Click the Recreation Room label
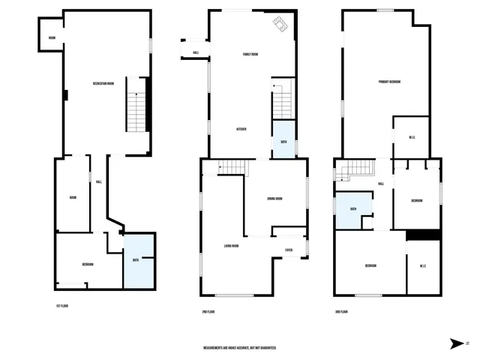click(x=103, y=82)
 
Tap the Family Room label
click(x=250, y=54)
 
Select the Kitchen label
click(x=241, y=130)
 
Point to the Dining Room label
click(x=274, y=199)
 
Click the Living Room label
click(x=231, y=246)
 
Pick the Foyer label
click(x=288, y=250)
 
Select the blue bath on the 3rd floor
click(x=352, y=209)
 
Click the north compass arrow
click(x=457, y=343)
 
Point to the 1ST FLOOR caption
click(x=62, y=306)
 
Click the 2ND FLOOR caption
click(x=208, y=311)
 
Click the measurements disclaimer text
click(x=240, y=348)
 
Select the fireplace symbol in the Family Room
click(x=278, y=25)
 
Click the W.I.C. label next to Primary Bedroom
click(x=412, y=136)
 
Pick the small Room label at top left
click(x=52, y=37)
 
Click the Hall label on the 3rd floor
click(x=381, y=184)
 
